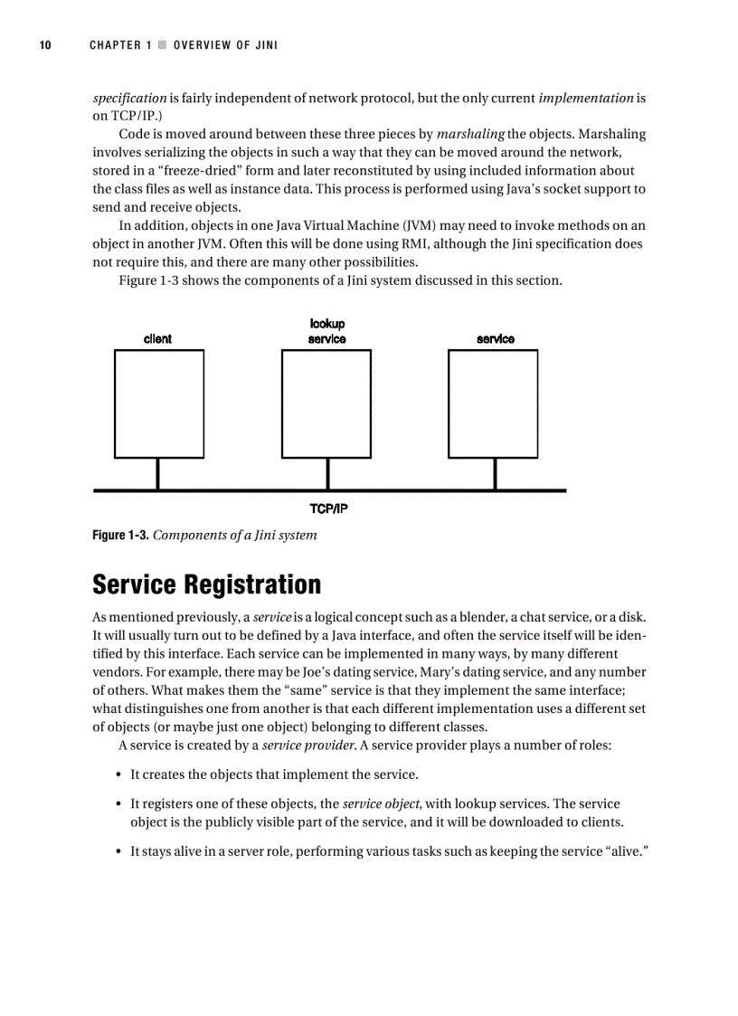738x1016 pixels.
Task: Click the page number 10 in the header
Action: pyautogui.click(x=45, y=45)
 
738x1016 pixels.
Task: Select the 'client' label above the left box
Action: pyautogui.click(x=157, y=338)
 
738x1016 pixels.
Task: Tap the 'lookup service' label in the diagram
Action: pyautogui.click(x=326, y=331)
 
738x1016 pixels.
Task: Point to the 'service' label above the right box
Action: pyautogui.click(x=495, y=338)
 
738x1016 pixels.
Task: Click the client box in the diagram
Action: pyautogui.click(x=158, y=404)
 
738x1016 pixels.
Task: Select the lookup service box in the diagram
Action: pyautogui.click(x=326, y=404)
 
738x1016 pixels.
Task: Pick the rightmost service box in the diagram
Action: pyautogui.click(x=495, y=404)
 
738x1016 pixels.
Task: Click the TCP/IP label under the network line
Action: pyautogui.click(x=328, y=508)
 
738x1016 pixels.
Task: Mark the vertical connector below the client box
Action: pyautogui.click(x=158, y=474)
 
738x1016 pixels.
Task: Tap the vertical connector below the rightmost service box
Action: pyautogui.click(x=495, y=474)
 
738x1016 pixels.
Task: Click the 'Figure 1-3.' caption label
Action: pyautogui.click(x=121, y=535)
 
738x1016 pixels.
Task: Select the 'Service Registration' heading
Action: pyautogui.click(x=206, y=584)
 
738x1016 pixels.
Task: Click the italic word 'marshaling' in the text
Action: pyautogui.click(x=470, y=134)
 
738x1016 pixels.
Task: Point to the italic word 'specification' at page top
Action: pyautogui.click(x=129, y=98)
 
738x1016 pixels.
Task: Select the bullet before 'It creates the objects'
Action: pyautogui.click(x=119, y=774)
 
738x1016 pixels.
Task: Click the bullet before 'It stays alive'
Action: pyautogui.click(x=119, y=851)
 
